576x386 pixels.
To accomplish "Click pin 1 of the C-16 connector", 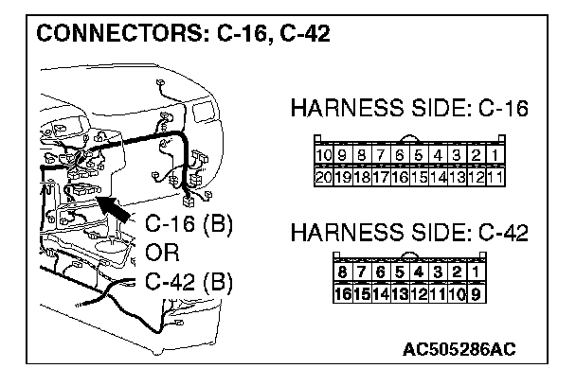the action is coord(495,155).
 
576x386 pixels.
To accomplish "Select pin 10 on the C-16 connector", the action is coord(323,155).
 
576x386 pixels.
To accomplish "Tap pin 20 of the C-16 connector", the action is coord(323,176).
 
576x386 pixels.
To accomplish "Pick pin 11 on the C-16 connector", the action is coord(495,176).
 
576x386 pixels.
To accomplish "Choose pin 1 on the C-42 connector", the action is coord(475,273).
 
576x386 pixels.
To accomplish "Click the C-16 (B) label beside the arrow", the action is coord(189,227).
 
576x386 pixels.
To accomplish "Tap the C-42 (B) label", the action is coord(189,282).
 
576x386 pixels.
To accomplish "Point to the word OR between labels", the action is coord(162,254).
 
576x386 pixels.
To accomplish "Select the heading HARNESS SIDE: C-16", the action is coord(408,111).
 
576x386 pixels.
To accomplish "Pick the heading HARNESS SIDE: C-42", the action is coord(408,232).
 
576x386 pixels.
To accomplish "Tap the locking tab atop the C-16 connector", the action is coord(408,140).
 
